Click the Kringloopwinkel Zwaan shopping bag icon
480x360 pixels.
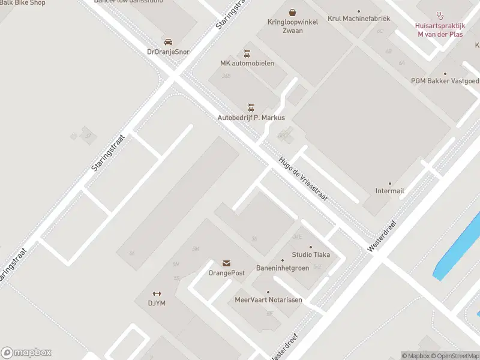(292, 12)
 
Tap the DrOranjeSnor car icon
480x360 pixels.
(168, 42)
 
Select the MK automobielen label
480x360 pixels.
(247, 64)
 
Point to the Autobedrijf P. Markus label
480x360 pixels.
(251, 118)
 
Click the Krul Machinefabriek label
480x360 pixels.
(359, 19)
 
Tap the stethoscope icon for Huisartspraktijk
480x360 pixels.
(440, 15)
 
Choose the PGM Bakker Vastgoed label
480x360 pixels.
(445, 81)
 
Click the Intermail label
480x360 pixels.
(389, 191)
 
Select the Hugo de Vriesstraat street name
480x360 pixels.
(303, 179)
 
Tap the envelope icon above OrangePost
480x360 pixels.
(226, 263)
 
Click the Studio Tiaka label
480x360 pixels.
(311, 254)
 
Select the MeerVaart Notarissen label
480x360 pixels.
(268, 299)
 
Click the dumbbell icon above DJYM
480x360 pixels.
(157, 293)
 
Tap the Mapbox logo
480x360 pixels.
(26, 353)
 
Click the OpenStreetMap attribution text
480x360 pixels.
(457, 356)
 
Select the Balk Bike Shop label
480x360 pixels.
(23, 3)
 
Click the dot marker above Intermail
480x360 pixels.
(390, 183)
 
